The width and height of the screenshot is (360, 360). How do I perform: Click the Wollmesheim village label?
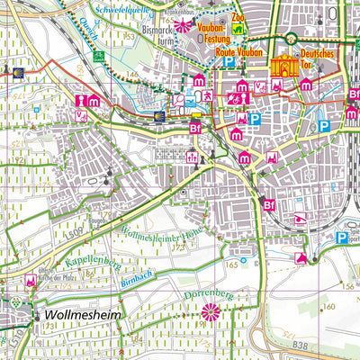(x=80, y=318)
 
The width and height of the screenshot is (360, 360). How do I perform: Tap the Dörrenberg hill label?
(x=210, y=292)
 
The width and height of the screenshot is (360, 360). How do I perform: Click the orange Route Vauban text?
(x=238, y=53)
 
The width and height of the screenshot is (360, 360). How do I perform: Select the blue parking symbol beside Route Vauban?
(x=229, y=64)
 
